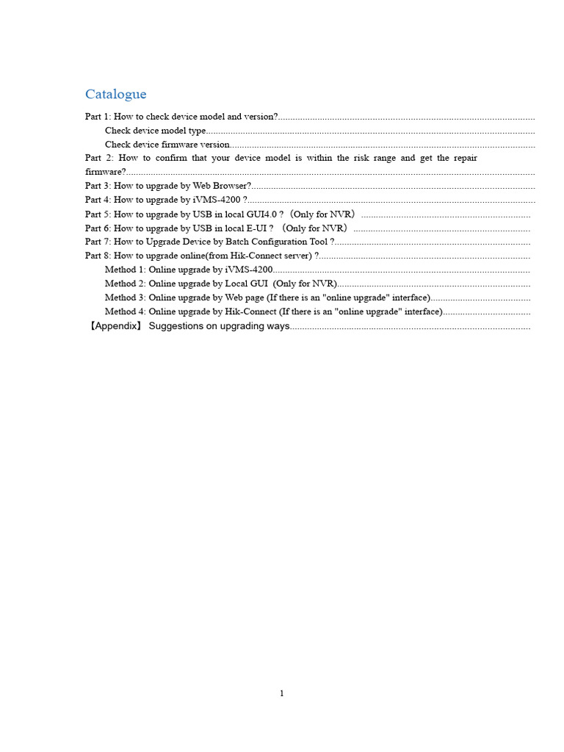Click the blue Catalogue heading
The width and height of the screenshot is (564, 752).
tap(115, 94)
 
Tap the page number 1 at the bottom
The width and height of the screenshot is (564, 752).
tap(282, 693)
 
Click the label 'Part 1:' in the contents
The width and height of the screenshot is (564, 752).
tap(98, 117)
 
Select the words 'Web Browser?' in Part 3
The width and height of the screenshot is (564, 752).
tap(222, 187)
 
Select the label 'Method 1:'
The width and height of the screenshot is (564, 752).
tap(125, 270)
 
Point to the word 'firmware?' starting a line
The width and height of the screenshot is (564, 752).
tap(106, 172)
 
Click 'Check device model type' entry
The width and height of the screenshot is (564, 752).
tap(156, 131)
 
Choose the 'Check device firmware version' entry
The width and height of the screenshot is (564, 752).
tap(167, 145)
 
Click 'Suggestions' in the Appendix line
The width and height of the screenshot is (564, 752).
tap(173, 326)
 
